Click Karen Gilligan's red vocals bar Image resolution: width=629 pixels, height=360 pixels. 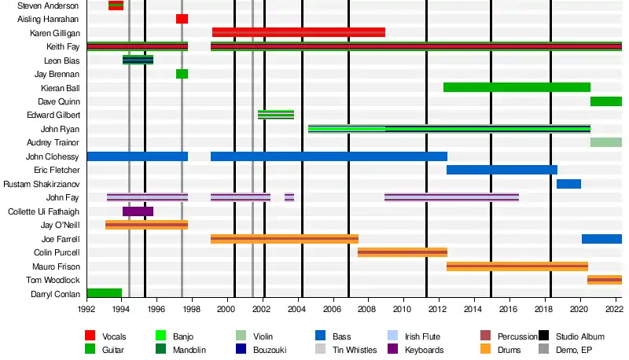pyautogui.click(x=299, y=32)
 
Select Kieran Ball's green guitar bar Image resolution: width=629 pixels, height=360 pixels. pyautogui.click(x=517, y=87)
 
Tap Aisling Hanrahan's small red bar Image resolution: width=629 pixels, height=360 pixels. pyautogui.click(x=182, y=19)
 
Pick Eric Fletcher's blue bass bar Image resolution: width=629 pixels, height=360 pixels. pyautogui.click(x=502, y=170)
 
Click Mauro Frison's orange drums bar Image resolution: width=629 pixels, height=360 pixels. pyautogui.click(x=517, y=266)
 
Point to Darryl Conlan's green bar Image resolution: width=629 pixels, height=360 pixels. pyautogui.click(x=104, y=294)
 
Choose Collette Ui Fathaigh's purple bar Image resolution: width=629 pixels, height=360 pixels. pyautogui.click(x=138, y=211)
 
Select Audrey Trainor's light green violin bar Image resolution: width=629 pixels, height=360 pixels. pyautogui.click(x=605, y=142)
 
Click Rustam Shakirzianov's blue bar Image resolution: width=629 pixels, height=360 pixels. pyautogui.click(x=568, y=184)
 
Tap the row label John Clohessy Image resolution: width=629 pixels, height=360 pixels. pyautogui.click(x=53, y=156)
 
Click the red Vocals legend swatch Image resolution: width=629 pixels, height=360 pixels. pyautogui.click(x=90, y=336)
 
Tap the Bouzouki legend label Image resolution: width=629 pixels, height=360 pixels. pyautogui.click(x=269, y=350)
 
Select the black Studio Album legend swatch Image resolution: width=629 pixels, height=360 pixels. pyautogui.click(x=545, y=336)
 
